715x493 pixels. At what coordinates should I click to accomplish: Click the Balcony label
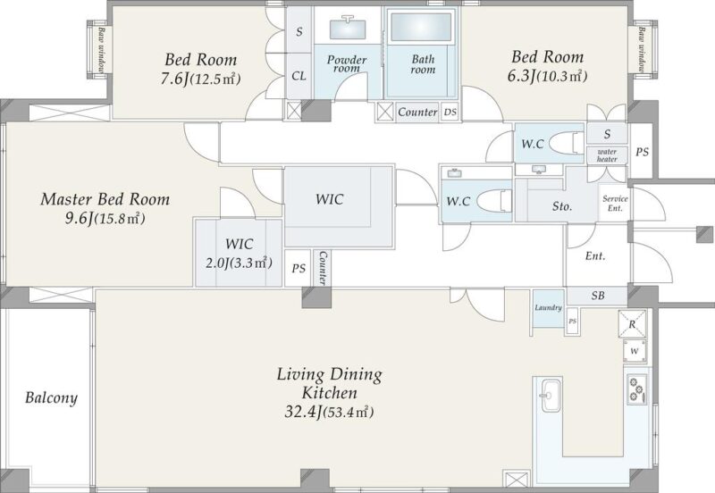pos(51,397)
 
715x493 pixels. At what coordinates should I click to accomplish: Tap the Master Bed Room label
pos(105,199)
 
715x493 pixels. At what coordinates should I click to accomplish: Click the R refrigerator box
pos(632,324)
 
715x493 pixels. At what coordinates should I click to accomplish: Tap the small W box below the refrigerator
pos(635,351)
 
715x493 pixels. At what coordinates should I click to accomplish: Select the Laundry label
pos(548,307)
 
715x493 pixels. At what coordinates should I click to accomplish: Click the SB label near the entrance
pos(598,296)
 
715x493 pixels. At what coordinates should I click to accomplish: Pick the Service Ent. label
pos(615,204)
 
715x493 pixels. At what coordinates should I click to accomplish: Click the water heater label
pos(607,155)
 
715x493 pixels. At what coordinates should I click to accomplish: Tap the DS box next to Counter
pos(450,112)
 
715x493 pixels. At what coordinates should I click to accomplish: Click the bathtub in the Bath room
pos(421,27)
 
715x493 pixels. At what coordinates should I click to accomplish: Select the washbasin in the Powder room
pos(347,28)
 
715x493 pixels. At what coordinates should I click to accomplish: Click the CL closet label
pos(299,76)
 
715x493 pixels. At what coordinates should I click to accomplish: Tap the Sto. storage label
pos(562,206)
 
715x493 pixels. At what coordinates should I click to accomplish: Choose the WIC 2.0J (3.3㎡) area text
pos(239,263)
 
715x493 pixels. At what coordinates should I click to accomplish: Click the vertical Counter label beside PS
pos(323,268)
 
